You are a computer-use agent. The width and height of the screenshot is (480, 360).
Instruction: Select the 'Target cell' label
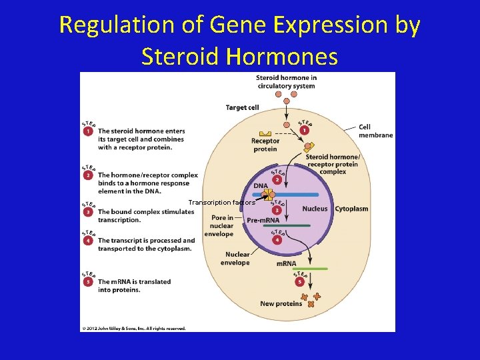tap(242, 107)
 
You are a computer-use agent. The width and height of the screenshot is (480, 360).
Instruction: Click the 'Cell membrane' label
tap(375, 131)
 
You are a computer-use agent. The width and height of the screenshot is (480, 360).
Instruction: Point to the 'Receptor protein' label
tap(265, 145)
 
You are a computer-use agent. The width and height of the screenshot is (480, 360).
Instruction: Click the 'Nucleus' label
tap(315, 209)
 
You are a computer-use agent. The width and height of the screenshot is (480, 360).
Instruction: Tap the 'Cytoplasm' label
tap(351, 209)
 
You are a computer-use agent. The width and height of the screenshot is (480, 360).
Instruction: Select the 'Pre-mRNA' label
tap(263, 221)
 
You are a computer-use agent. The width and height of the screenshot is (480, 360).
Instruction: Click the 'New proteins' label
tap(281, 304)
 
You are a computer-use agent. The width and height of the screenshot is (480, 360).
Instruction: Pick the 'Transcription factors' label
tap(221, 202)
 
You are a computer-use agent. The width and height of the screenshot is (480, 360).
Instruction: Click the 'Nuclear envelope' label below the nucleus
tap(237, 258)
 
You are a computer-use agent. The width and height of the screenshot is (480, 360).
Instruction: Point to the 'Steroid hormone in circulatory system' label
tap(286, 81)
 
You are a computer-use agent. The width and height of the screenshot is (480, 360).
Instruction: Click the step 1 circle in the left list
tap(88, 131)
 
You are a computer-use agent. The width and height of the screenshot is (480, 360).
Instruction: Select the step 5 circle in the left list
tap(88, 282)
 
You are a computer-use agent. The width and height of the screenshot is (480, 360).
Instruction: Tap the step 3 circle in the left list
tap(88, 212)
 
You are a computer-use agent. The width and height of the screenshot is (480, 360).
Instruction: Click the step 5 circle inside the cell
tap(299, 281)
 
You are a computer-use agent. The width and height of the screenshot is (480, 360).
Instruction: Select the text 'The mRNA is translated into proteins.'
tap(134, 286)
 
